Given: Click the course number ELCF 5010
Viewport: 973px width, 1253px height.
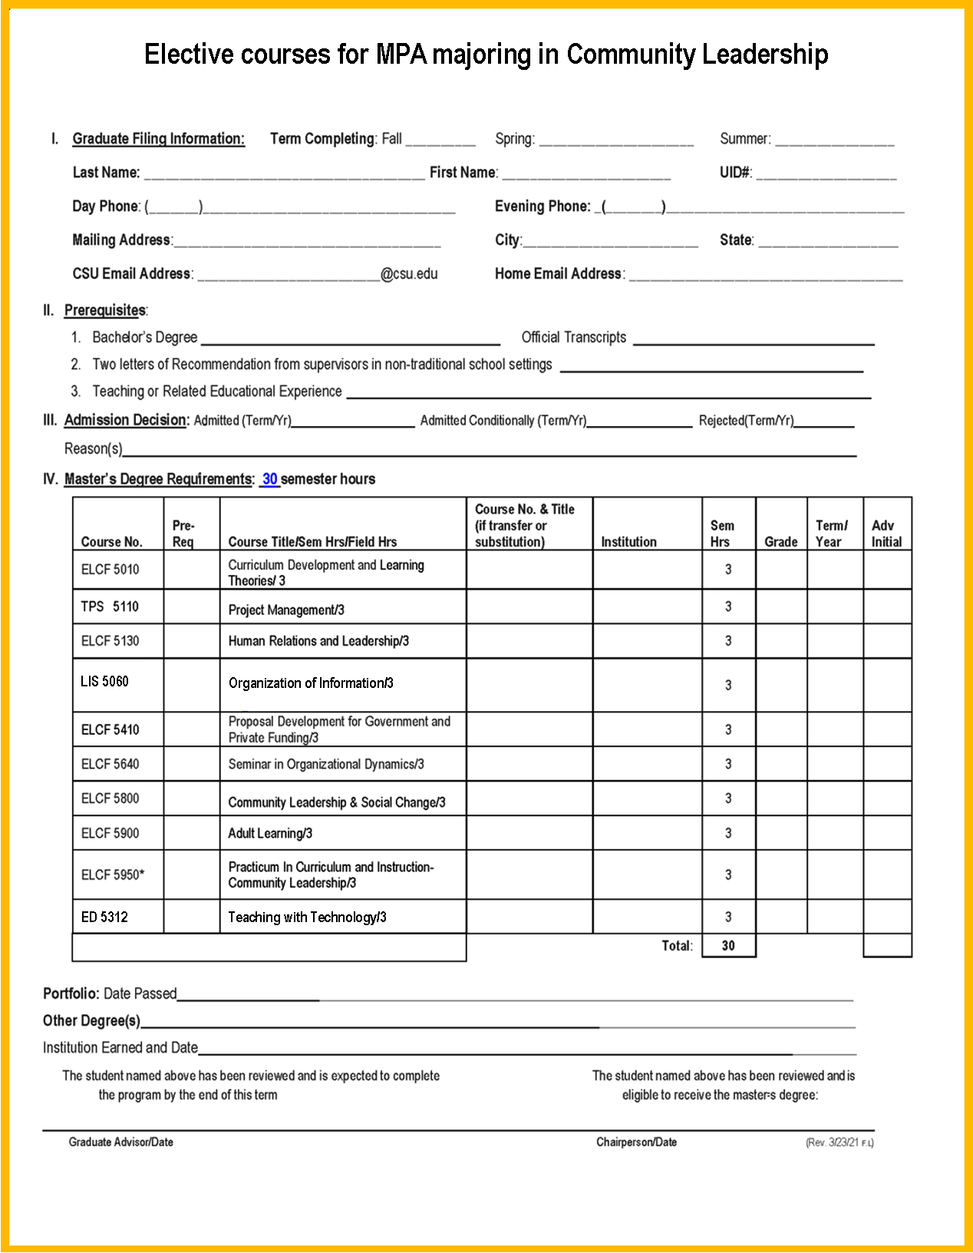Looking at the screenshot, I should click(x=110, y=569).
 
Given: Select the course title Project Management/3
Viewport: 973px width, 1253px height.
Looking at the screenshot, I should click(x=286, y=610).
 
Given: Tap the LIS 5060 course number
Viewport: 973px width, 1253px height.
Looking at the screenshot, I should click(x=104, y=681).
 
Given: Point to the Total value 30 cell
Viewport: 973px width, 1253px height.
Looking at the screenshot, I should click(x=728, y=946).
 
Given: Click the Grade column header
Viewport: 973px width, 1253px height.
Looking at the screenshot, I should click(x=780, y=541).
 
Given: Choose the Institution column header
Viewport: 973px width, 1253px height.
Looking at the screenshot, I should click(x=628, y=541).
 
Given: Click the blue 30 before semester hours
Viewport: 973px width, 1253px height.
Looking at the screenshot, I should click(x=269, y=479).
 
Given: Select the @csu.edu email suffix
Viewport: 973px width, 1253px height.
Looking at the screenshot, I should click(x=409, y=273).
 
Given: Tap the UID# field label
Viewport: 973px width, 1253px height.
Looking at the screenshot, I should click(x=735, y=172).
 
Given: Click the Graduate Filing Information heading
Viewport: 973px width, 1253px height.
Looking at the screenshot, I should click(x=158, y=138).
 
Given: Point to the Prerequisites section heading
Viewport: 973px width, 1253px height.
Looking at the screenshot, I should click(x=105, y=310).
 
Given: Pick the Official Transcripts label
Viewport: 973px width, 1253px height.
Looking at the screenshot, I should click(x=573, y=337).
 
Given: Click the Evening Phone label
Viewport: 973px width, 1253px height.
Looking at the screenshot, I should click(x=543, y=206).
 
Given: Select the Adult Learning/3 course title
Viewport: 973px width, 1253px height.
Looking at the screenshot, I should click(x=270, y=833).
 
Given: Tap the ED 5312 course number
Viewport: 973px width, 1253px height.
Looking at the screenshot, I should click(x=104, y=917).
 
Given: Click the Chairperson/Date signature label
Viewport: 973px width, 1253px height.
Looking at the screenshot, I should click(x=636, y=1142).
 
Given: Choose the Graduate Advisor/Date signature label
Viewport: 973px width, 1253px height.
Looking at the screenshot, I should click(x=120, y=1142).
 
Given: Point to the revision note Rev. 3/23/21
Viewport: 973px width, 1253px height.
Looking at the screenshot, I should click(x=839, y=1142).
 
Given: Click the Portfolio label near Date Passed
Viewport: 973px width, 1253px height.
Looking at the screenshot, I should click(x=71, y=993).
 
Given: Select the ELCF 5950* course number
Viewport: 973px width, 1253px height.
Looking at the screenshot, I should click(x=113, y=874).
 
